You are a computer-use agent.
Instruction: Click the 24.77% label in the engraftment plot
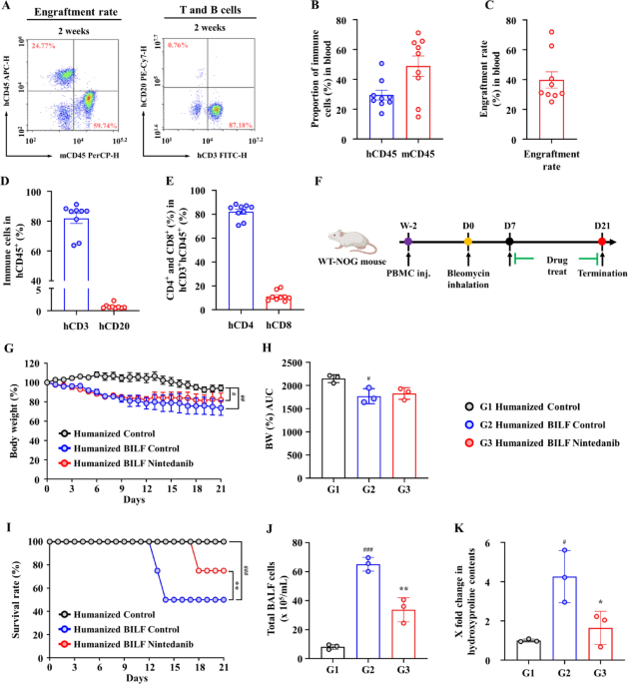coord(47,47)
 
